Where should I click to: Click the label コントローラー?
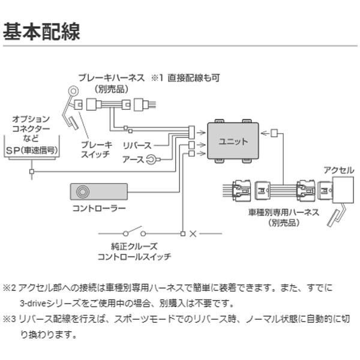pyautogui.click(x=98, y=208)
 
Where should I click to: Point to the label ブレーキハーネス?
pyautogui.click(x=111, y=77)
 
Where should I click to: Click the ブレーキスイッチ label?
pyautogui.click(x=96, y=149)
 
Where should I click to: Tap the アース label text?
pyautogui.click(x=133, y=159)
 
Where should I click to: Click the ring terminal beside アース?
pyautogui.click(x=152, y=159)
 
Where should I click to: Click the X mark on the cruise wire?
pyautogui.click(x=193, y=233)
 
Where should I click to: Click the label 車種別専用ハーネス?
pyautogui.click(x=275, y=213)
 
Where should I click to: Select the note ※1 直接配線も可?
pyautogui.click(x=185, y=77)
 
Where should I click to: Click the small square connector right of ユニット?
pyautogui.click(x=274, y=133)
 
